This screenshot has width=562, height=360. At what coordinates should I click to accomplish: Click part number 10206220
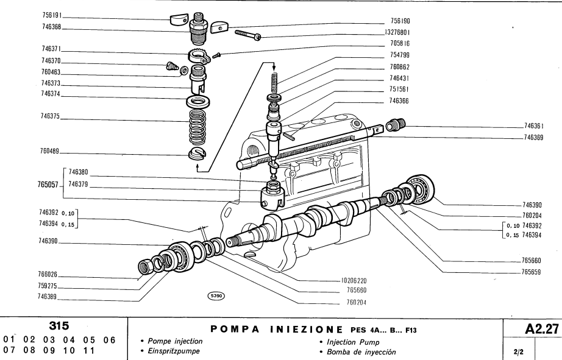pyautogui.click(x=352, y=281)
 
